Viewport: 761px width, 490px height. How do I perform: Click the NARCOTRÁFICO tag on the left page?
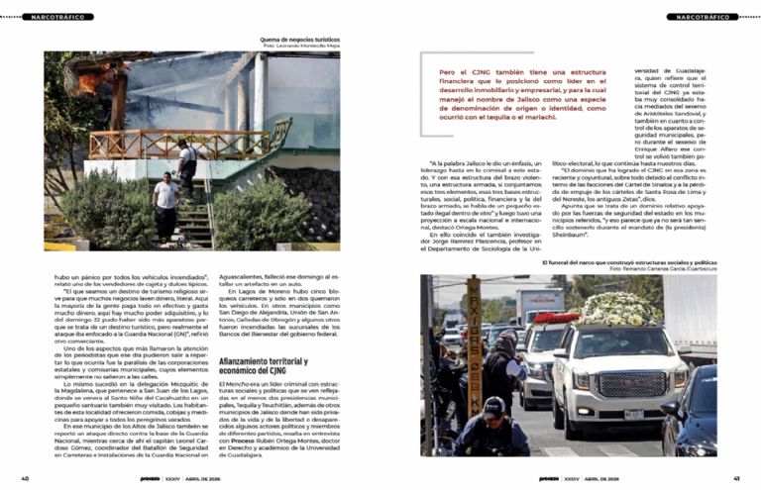(x=55, y=18)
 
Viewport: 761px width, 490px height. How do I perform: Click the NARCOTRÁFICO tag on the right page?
(x=704, y=18)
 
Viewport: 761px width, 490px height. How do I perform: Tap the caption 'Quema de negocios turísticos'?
(x=299, y=39)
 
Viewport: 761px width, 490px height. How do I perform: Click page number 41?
(x=734, y=478)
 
